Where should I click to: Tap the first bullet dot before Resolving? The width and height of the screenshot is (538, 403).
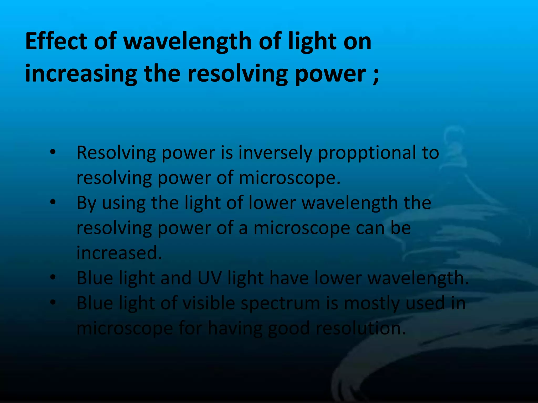click(x=53, y=152)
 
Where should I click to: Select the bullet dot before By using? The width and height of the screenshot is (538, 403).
click(x=53, y=202)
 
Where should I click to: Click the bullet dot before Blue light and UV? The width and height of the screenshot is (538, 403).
click(x=53, y=277)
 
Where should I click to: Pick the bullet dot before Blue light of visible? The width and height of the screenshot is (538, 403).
click(x=53, y=302)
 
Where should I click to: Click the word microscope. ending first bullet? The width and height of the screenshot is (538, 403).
click(x=289, y=178)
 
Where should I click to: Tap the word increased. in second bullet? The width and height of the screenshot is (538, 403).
click(x=119, y=253)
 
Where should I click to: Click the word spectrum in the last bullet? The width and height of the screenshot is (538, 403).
click(x=280, y=303)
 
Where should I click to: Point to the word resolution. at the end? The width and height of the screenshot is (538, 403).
click(x=361, y=328)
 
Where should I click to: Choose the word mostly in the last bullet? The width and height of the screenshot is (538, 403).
click(x=371, y=303)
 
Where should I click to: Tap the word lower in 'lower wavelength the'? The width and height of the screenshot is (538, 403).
click(x=272, y=203)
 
